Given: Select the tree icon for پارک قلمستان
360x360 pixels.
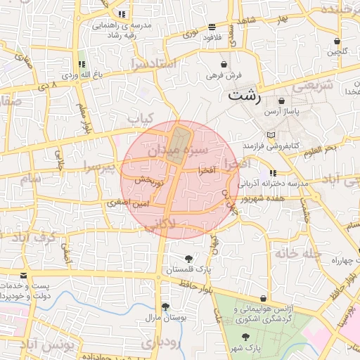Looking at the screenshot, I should click(188, 259).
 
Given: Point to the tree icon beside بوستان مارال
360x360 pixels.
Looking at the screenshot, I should click(165, 307).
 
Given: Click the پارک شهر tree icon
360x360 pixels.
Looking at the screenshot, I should click(245, 337).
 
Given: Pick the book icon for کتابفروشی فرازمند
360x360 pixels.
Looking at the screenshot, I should click(272, 135).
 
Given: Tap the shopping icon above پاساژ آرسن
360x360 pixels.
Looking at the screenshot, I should click(281, 101).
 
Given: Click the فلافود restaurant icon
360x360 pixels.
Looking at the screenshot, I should click(212, 26).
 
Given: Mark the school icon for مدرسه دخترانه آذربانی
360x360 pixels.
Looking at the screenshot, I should click(273, 173).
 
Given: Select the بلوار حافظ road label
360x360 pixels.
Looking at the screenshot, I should click(195, 285).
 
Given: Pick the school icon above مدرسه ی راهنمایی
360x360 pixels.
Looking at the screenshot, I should click(122, 13).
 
